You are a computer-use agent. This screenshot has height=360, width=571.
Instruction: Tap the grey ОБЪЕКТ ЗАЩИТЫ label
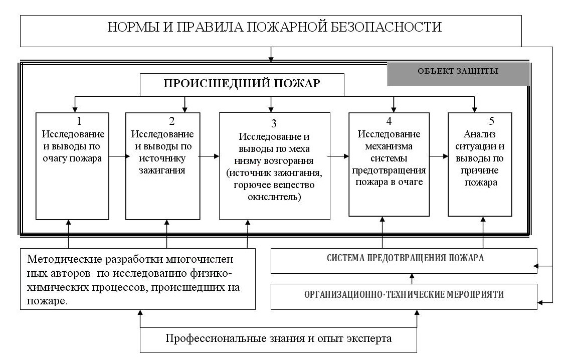click(458, 74)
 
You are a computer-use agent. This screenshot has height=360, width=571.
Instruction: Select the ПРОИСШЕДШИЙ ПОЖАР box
click(242, 85)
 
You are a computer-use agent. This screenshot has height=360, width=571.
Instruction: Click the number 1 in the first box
click(79, 121)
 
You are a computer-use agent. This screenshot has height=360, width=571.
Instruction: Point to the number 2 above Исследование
click(172, 121)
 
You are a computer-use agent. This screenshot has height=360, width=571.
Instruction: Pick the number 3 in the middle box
click(274, 123)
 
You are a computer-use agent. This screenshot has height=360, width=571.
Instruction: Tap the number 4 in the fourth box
click(389, 121)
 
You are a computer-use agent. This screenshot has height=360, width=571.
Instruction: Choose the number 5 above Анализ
click(492, 121)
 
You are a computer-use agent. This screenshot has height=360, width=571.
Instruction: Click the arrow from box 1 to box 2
click(119, 156)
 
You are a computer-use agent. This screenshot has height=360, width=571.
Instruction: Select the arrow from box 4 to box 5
click(439, 156)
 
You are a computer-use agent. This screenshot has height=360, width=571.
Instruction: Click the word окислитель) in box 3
click(274, 197)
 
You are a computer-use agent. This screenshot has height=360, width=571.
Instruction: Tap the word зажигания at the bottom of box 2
click(162, 170)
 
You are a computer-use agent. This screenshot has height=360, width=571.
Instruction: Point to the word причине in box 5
click(480, 170)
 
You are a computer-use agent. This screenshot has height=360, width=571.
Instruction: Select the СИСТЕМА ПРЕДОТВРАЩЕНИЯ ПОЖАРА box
click(404, 261)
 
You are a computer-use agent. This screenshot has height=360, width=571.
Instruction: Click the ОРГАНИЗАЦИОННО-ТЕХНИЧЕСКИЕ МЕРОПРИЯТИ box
click(404, 297)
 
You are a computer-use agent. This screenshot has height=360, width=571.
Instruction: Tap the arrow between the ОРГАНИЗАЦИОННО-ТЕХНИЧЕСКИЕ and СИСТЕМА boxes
click(412, 279)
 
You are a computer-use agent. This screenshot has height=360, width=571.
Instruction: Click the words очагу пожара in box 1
click(72, 158)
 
